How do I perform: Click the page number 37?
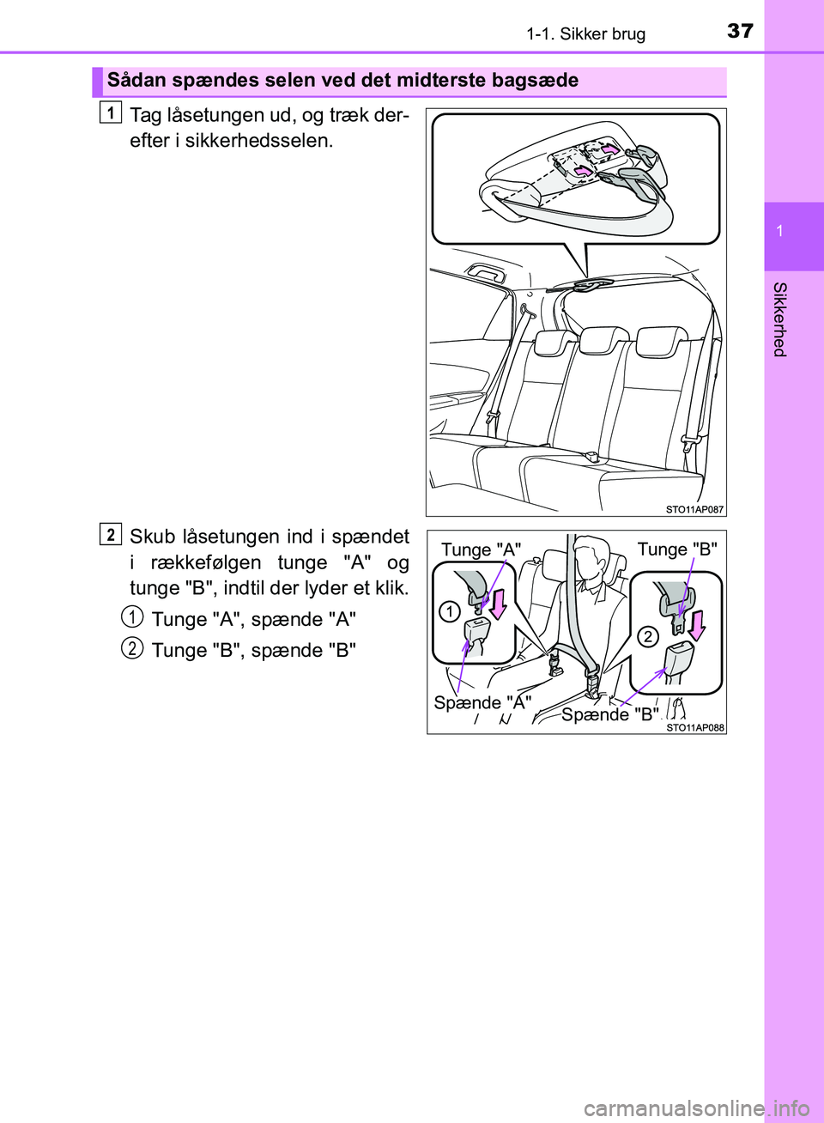740,32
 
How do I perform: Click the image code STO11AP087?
694,510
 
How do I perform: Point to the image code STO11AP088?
695,728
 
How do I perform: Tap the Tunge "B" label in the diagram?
678,549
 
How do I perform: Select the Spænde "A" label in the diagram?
482,703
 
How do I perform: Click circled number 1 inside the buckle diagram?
450,612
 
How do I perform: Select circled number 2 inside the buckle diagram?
647,637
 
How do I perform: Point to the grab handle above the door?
484,274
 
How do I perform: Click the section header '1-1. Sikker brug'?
586,34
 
